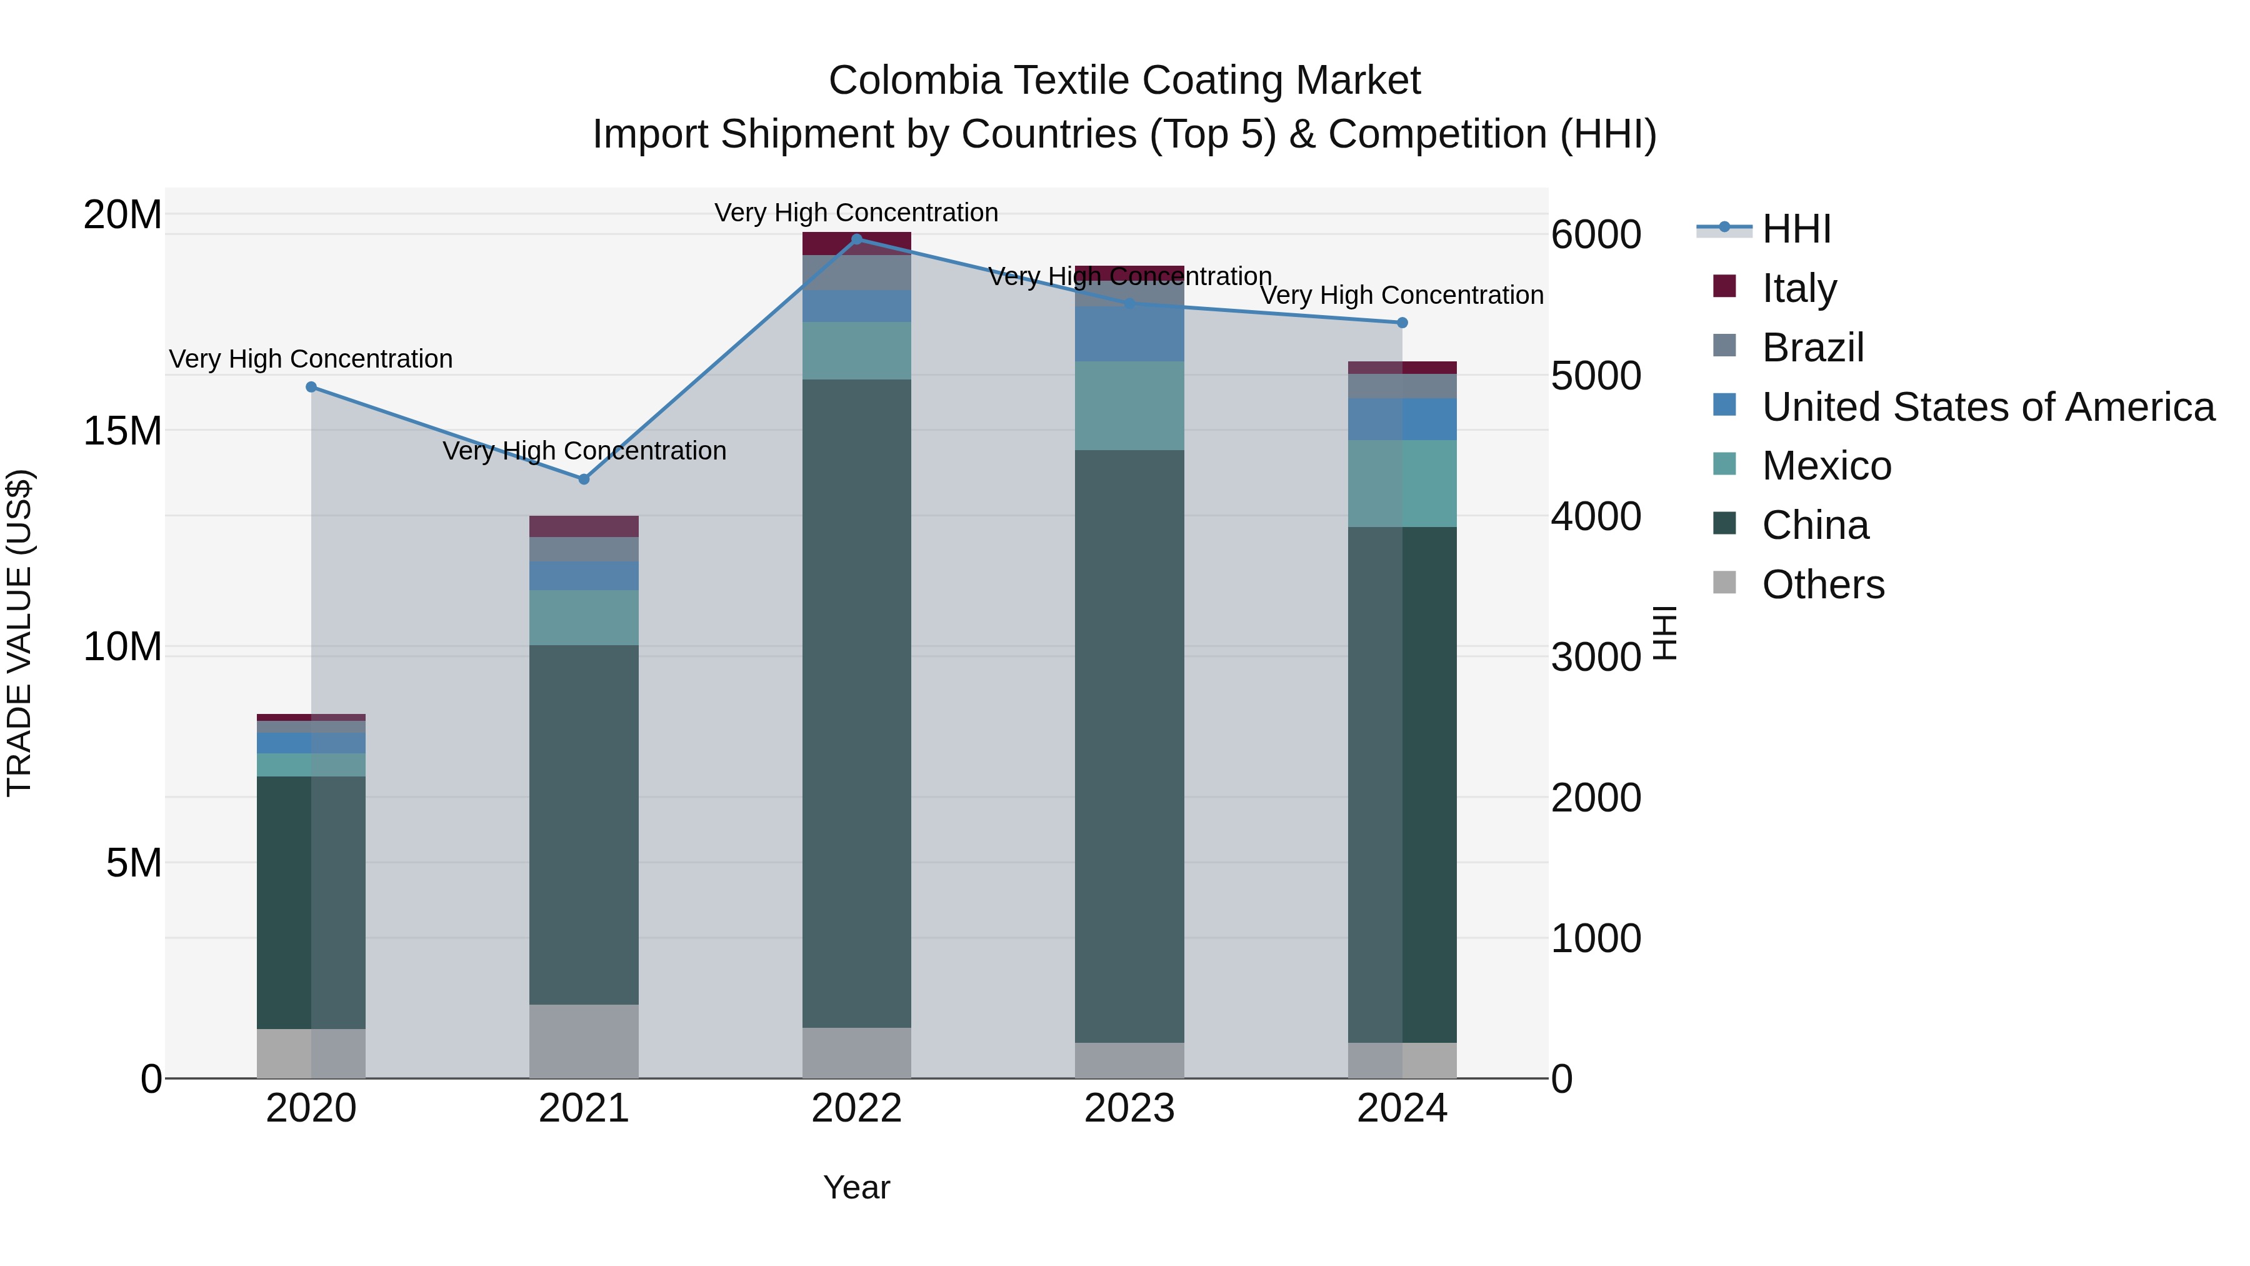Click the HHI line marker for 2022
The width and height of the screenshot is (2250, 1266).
point(856,239)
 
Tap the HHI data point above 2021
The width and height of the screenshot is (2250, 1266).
point(584,479)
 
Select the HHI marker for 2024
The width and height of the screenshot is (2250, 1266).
point(1402,323)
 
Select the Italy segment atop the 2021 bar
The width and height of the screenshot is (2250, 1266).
point(584,526)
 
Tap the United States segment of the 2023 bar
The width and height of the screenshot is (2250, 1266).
point(1129,334)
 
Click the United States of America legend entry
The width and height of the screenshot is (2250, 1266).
point(1987,406)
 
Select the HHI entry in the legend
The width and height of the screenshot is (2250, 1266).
point(1795,229)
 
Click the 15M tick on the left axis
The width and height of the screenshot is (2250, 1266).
point(122,431)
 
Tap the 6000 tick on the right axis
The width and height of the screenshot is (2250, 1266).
point(1595,234)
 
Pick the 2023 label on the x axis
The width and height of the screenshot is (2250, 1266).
point(1129,1108)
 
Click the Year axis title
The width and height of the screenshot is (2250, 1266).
point(856,1187)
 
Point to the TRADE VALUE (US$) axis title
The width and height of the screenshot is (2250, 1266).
point(19,633)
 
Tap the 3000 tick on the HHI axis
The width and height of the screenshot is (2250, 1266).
point(1595,657)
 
